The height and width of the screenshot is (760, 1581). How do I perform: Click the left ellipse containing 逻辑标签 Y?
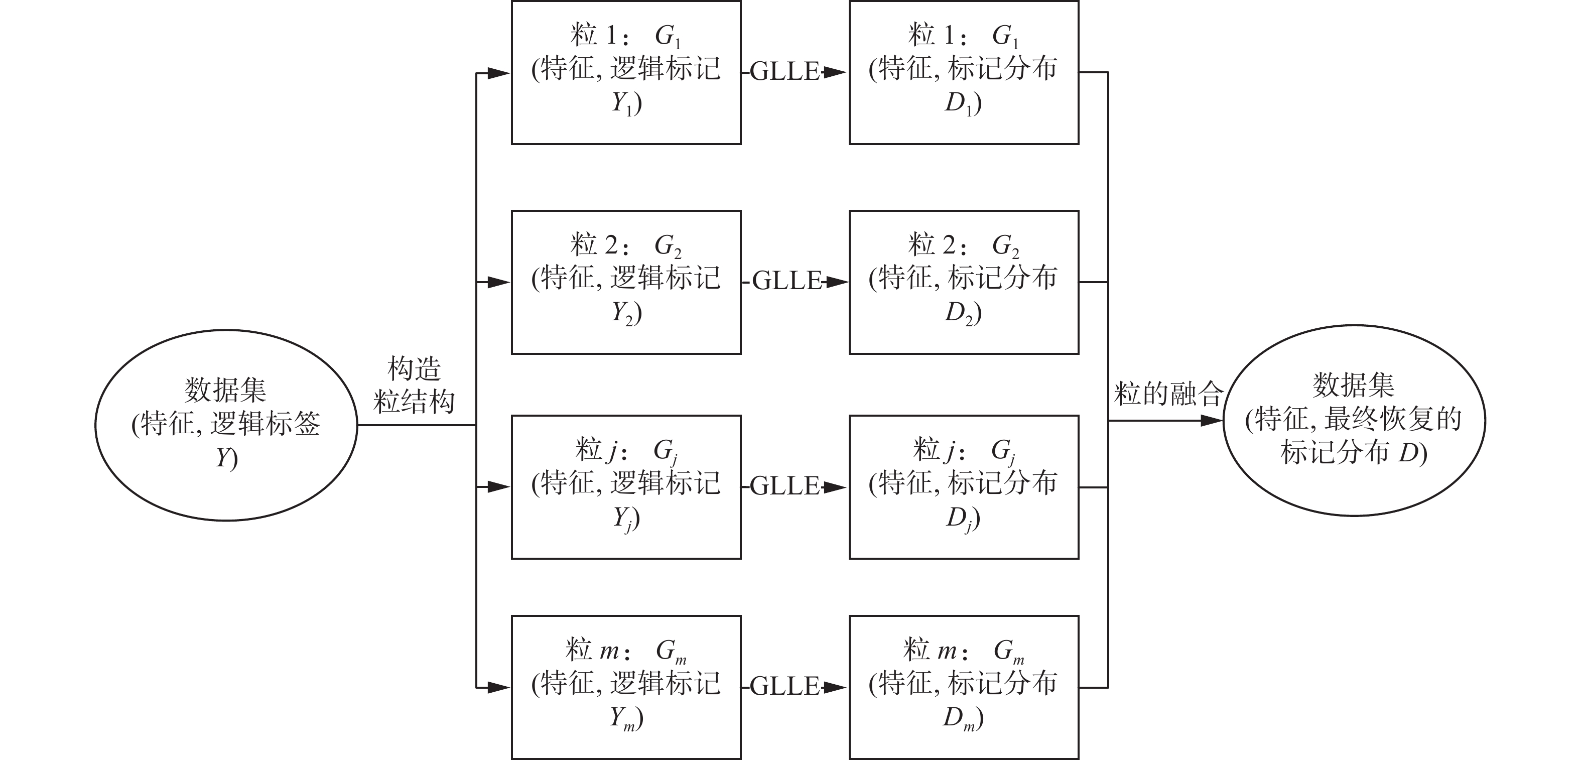coord(226,425)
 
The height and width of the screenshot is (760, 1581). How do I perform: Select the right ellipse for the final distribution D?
coord(1354,421)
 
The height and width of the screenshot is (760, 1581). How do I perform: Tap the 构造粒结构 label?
coord(414,386)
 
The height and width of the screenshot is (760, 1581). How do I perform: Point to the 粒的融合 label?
coord(1168,393)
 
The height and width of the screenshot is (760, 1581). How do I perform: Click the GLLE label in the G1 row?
coord(784,72)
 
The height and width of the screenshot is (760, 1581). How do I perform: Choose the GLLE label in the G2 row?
coord(787,281)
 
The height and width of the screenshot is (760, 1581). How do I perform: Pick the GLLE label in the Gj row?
coord(784,486)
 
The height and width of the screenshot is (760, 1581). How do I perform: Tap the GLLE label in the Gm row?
coord(784,686)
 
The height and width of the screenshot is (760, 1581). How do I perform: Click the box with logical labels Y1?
coord(626,72)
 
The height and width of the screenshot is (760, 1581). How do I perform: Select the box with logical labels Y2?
coord(626,283)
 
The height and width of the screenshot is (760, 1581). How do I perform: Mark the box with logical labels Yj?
coord(626,487)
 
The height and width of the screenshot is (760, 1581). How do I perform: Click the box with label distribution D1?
coord(964,72)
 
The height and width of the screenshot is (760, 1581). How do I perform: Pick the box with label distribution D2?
coord(964,283)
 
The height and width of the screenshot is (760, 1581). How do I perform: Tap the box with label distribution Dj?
coord(964,487)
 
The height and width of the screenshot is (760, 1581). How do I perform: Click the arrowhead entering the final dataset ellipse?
coord(1212,421)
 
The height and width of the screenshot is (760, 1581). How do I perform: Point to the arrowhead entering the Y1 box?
coord(498,74)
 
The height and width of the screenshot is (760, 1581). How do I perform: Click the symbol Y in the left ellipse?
coord(223,458)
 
